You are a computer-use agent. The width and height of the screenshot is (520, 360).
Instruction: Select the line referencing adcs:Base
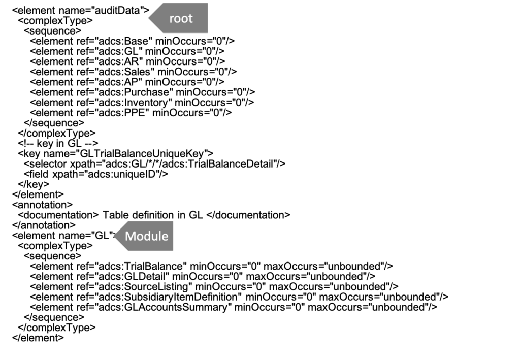133,41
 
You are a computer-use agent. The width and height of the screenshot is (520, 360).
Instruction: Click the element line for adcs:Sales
134,72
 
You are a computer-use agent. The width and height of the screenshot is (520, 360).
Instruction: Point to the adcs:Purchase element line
143,92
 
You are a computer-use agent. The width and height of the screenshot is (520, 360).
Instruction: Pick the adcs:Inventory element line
142,103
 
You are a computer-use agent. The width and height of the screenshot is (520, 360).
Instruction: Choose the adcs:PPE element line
131,113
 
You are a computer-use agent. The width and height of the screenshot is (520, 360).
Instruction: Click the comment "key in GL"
58,144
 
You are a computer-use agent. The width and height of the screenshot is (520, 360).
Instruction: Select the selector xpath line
154,164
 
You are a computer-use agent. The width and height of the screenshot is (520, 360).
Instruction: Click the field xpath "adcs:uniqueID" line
96,174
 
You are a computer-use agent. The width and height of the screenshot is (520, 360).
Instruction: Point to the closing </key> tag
34,184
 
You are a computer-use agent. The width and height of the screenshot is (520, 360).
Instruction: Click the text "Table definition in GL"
152,215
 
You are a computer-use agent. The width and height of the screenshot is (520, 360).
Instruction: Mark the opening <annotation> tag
42,205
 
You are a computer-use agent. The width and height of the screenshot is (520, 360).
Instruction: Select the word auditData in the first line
117,11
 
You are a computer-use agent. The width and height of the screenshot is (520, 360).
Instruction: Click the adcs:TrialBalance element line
211,267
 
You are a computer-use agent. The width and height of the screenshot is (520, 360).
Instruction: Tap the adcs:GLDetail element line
203,277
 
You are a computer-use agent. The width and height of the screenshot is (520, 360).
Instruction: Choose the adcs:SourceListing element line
214,287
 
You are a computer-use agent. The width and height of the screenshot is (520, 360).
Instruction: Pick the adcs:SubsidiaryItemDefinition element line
239,298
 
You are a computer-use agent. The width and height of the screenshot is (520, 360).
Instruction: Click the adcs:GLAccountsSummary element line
234,308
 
